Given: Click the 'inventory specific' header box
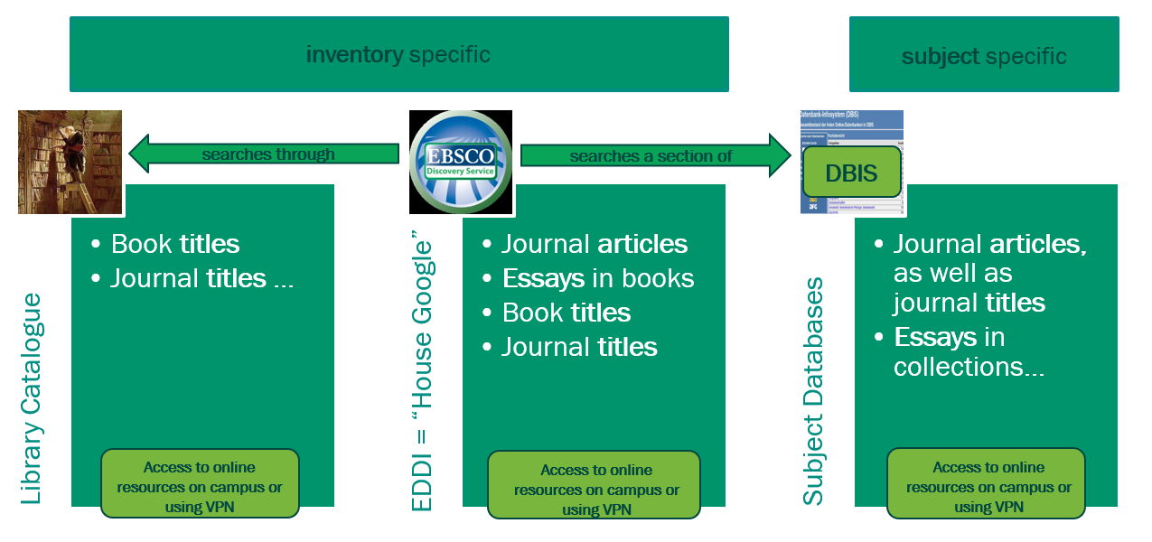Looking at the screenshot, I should pyautogui.click(x=398, y=54).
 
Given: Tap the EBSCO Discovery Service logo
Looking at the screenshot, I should pyautogui.click(x=461, y=162).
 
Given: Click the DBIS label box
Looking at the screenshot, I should pyautogui.click(x=851, y=173).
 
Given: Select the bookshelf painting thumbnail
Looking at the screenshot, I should pyautogui.click(x=70, y=162).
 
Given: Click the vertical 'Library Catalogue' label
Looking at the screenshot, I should pyautogui.click(x=32, y=398).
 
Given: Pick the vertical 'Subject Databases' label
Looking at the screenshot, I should pyautogui.click(x=813, y=391).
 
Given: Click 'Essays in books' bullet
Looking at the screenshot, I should pyautogui.click(x=597, y=278).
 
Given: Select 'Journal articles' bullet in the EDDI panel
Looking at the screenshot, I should pyautogui.click(x=594, y=244).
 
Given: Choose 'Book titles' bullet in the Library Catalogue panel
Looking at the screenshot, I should pyautogui.click(x=174, y=244).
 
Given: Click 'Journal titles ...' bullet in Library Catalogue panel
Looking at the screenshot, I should pyautogui.click(x=201, y=278).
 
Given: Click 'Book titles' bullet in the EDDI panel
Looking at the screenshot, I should pyautogui.click(x=566, y=313).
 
